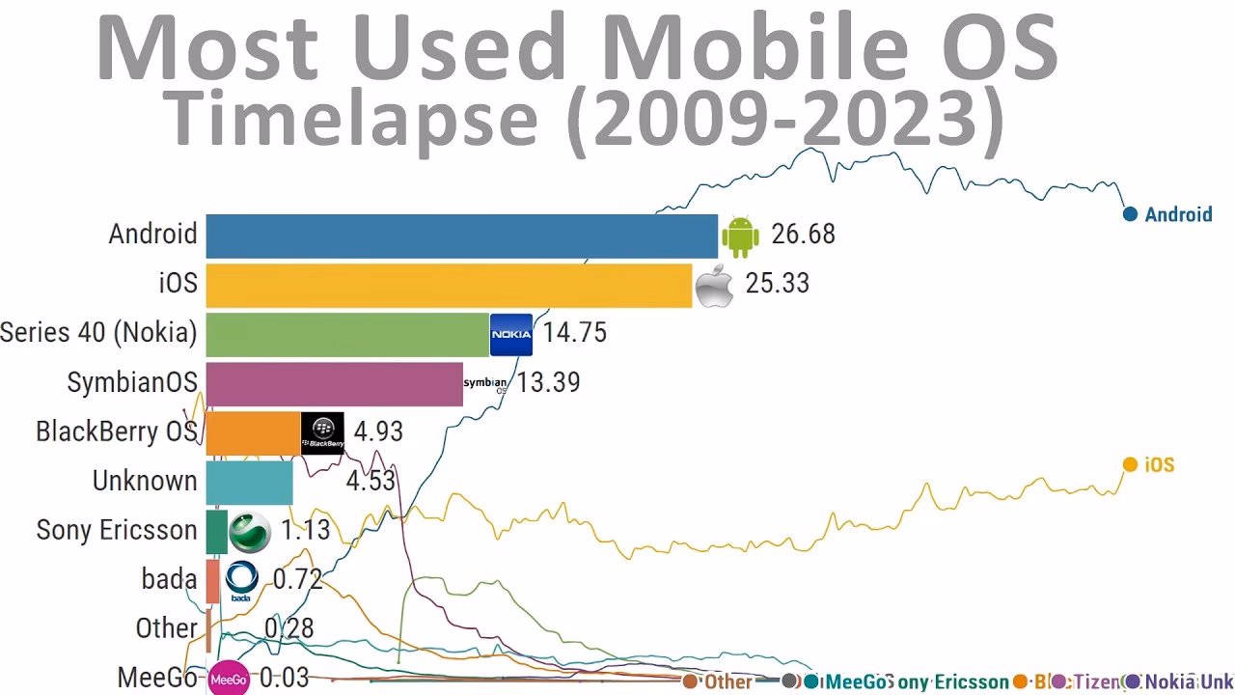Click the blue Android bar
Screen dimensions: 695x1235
coord(461,235)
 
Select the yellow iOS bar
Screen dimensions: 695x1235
coord(449,284)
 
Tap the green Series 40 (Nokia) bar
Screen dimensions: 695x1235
coord(347,333)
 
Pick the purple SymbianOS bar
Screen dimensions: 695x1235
coord(334,382)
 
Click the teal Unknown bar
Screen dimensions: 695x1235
coord(249,481)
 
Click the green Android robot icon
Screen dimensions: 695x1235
coord(740,236)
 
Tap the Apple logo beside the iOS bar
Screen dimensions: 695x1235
coord(714,285)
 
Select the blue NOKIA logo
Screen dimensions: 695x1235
coord(511,334)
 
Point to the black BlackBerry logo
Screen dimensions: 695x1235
coord(322,432)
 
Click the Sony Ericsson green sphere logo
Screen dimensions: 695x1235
coord(250,531)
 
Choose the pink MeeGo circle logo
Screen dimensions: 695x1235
coord(229,679)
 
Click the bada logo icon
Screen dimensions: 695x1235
coord(241,580)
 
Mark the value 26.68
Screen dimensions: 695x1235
coord(803,235)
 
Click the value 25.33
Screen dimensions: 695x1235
coord(777,284)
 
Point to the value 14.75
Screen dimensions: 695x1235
coord(574,333)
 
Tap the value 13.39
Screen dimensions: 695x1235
coord(548,382)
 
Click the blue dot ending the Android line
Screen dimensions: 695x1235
coord(1130,214)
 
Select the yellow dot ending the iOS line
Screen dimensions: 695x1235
coord(1130,465)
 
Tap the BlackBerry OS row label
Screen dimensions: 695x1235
coord(116,431)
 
